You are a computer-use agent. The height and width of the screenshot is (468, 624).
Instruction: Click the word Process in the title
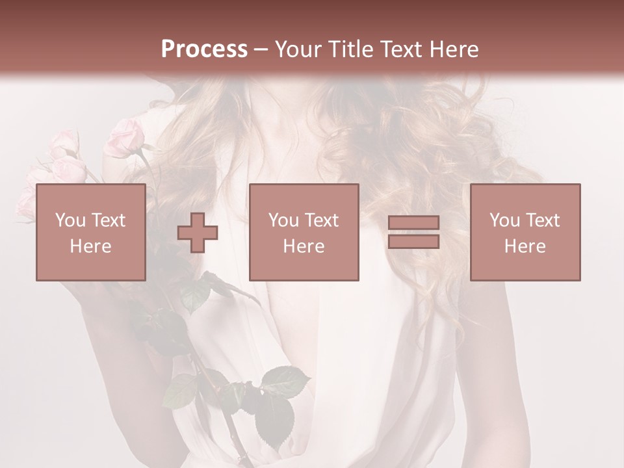(x=204, y=49)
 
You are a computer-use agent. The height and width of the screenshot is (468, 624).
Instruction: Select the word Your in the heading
(x=299, y=49)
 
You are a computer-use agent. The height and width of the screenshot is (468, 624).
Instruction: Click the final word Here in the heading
(x=454, y=49)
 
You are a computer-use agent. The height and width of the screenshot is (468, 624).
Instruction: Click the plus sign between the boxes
(x=198, y=233)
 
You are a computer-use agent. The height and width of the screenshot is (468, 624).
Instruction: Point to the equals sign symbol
(x=413, y=232)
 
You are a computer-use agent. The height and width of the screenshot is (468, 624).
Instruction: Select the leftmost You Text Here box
(x=90, y=232)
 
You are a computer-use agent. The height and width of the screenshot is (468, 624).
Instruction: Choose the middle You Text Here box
(x=304, y=232)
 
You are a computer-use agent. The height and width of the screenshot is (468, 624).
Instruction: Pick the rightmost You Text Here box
(x=525, y=232)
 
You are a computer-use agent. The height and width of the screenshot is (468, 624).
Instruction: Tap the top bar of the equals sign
(x=413, y=222)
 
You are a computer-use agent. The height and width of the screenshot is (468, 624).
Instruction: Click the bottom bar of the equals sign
(x=413, y=242)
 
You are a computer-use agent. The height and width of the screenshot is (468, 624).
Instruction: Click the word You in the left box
(x=70, y=220)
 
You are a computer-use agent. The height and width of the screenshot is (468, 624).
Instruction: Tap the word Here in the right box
(x=525, y=246)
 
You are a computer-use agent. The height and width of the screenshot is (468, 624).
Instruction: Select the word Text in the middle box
(x=322, y=220)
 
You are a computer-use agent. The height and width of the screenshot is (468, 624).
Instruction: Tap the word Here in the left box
(x=90, y=246)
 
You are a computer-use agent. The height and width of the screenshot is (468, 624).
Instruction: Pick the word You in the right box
(x=505, y=220)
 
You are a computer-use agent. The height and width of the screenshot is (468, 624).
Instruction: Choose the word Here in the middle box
(x=304, y=246)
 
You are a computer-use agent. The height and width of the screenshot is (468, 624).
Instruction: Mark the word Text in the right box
(x=543, y=220)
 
